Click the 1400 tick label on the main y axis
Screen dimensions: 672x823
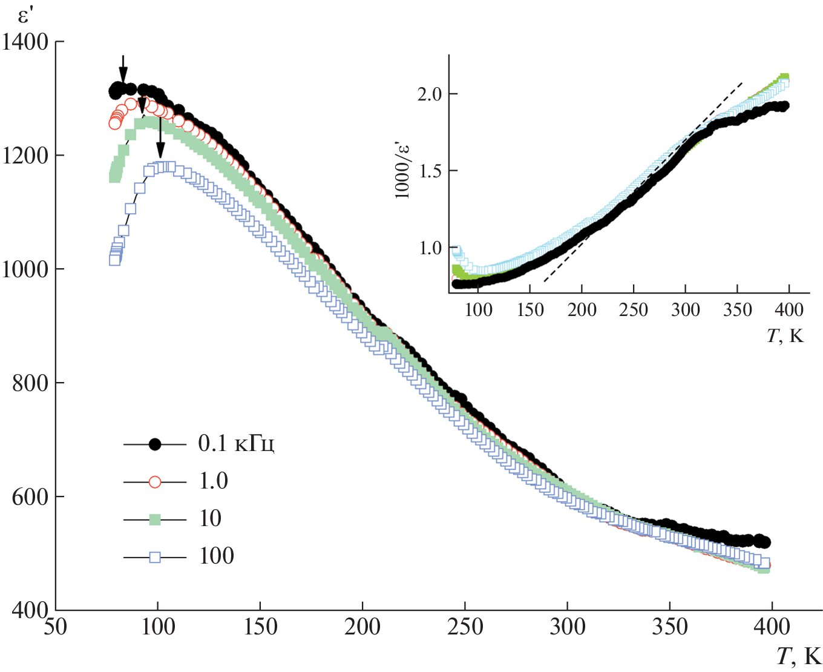25,42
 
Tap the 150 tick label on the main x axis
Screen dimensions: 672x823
260,627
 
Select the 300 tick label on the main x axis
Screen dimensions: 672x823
567,627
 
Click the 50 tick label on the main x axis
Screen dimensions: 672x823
55,627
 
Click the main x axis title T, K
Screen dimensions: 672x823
798,656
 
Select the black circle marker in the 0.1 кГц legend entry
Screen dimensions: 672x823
155,444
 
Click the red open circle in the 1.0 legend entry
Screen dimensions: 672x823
155,482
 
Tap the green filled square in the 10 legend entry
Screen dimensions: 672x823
155,519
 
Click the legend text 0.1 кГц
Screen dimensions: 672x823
236,444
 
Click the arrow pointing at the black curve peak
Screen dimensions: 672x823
123,68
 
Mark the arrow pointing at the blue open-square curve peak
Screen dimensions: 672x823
160,136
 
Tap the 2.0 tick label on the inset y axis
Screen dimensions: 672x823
429,94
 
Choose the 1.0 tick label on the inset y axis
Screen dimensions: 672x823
429,248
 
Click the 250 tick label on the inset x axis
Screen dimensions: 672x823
634,310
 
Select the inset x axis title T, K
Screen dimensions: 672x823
785,335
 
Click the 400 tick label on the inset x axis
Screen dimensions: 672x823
789,310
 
